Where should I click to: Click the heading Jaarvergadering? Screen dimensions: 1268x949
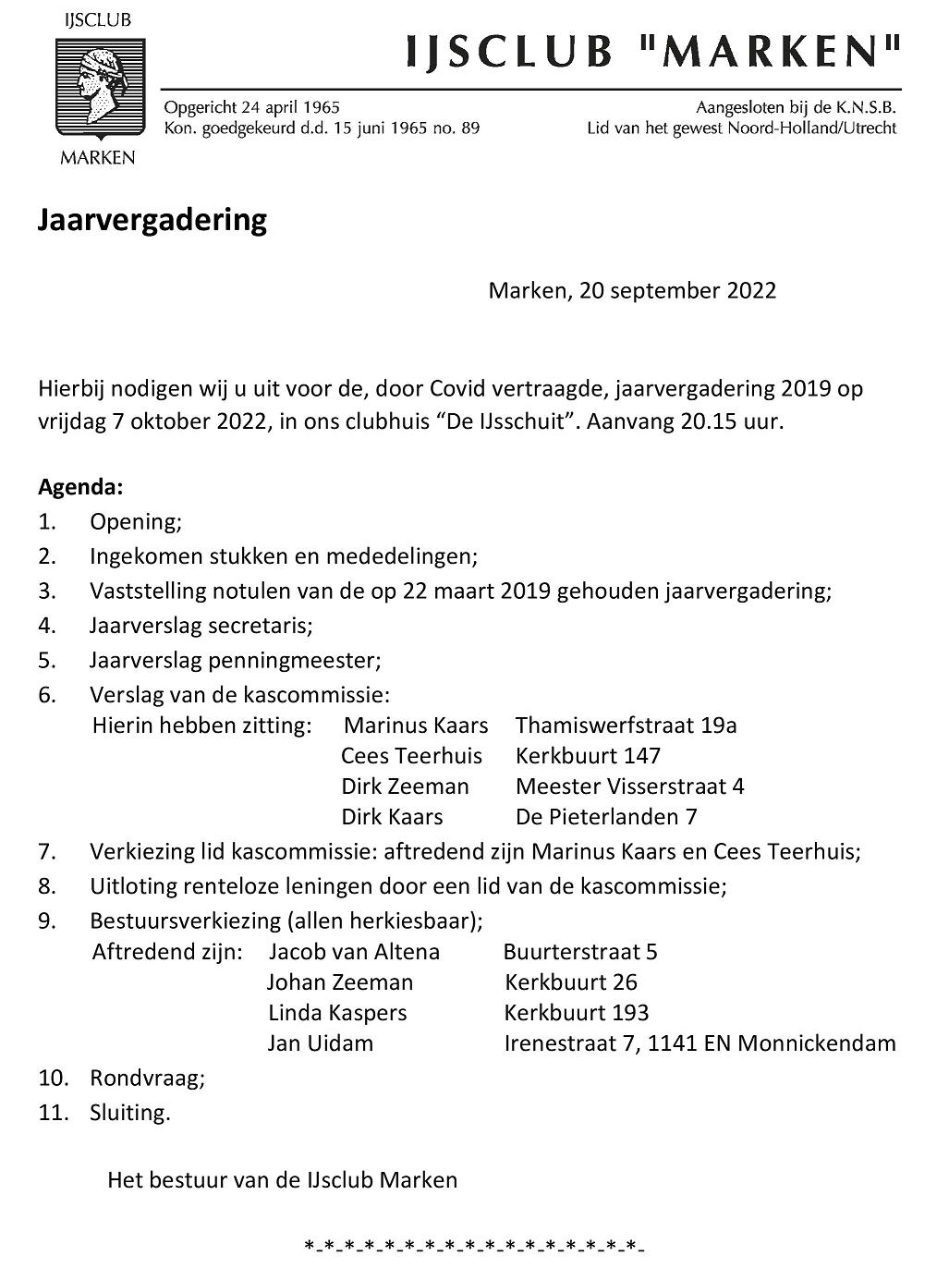click(152, 221)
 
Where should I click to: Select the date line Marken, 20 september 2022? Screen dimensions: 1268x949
click(632, 291)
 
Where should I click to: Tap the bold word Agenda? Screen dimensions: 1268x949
click(80, 487)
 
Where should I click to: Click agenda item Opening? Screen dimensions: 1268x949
click(136, 522)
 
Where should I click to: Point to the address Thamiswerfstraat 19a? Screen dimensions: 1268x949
click(626, 725)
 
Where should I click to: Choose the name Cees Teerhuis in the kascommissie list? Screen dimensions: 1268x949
click(411, 756)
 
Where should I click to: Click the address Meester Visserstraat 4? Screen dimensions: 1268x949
click(629, 786)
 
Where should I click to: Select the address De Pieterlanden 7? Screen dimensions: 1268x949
click(606, 817)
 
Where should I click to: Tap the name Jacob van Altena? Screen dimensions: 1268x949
click(354, 952)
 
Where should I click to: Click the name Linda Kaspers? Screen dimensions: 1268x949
click(337, 1013)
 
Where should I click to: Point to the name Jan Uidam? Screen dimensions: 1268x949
click(321, 1044)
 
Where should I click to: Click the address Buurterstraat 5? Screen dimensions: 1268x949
click(580, 952)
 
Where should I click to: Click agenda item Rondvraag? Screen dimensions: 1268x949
click(147, 1079)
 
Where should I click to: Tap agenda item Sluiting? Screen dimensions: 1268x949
click(130, 1113)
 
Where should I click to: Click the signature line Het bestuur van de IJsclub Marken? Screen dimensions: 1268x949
click(282, 1180)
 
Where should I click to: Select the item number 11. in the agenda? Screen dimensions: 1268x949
click(54, 1113)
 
